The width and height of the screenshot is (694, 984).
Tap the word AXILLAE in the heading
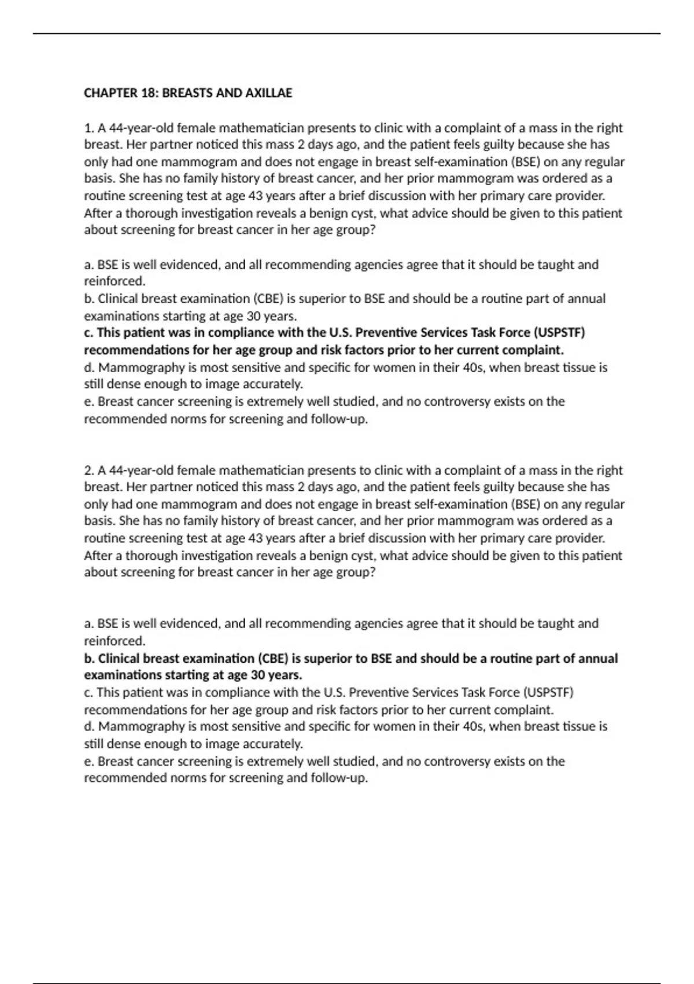click(x=269, y=93)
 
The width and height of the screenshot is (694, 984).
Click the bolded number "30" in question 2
click(x=258, y=675)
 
